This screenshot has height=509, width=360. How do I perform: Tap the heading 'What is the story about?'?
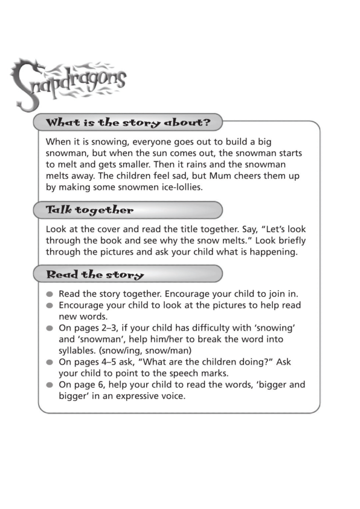[x=128, y=123]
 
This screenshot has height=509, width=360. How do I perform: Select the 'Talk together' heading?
[x=89, y=210]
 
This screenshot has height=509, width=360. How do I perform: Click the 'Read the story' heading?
[x=95, y=274]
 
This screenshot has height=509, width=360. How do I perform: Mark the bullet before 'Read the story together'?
[x=50, y=294]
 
